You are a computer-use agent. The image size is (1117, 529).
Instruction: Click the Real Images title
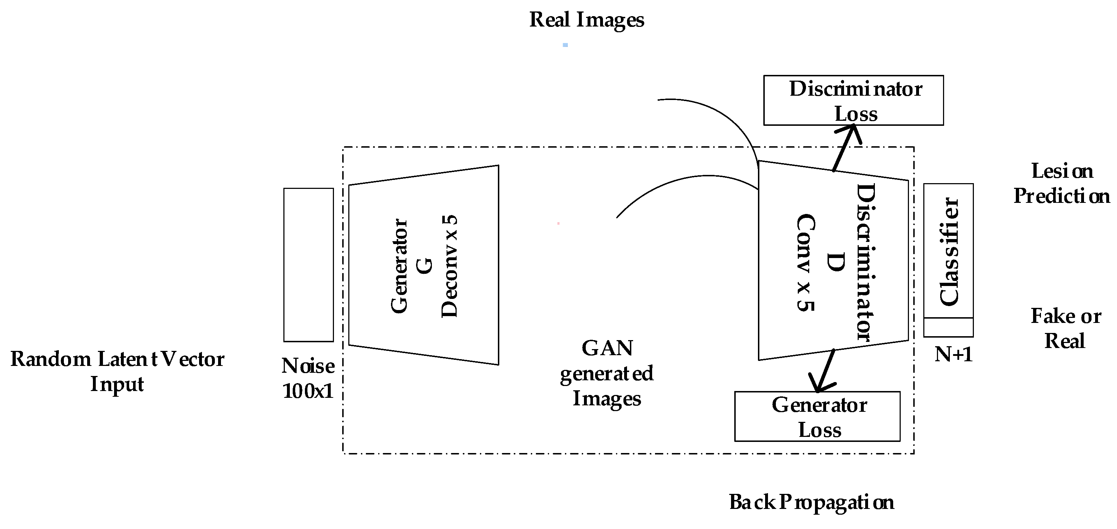coord(586,20)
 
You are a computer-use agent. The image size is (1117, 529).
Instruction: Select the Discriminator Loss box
coord(853,100)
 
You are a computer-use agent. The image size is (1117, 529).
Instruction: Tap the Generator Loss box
coord(817,416)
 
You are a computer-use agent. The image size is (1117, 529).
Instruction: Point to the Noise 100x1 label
coord(308,378)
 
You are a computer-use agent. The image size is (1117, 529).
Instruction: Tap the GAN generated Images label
coord(607,373)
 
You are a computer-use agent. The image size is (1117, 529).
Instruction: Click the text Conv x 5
coord(806,263)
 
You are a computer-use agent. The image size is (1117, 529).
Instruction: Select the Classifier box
coord(948,251)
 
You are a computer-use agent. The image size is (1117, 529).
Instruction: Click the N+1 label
coord(953,355)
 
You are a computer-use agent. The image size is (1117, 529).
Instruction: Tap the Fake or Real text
coord(1065,328)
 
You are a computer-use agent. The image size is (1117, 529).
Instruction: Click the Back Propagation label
coord(811,502)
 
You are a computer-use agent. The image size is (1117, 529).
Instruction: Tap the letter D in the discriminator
coord(835,262)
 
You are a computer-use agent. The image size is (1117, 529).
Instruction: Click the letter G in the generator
coord(425,266)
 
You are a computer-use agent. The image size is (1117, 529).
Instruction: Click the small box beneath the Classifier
coord(948,327)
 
